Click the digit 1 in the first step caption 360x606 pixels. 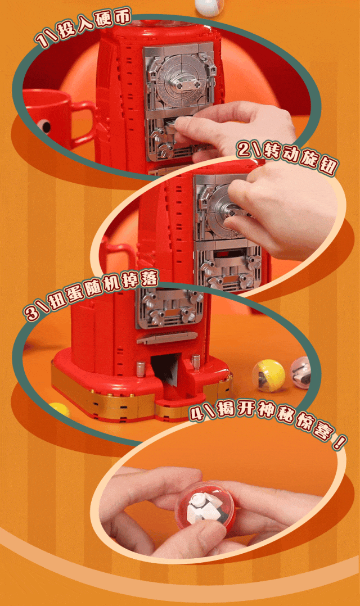coord(40,39)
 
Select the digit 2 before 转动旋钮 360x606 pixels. coord(243,148)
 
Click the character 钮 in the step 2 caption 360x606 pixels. coord(327,166)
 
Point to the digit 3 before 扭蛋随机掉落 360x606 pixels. coord(31,312)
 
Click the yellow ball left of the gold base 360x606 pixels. coord(58,410)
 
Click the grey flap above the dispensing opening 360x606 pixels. coord(168,338)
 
